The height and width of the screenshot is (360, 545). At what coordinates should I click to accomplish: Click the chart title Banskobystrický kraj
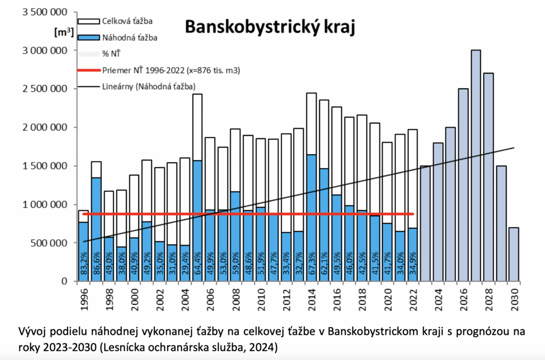[x=269, y=26]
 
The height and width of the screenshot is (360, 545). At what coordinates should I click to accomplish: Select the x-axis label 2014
[x=311, y=300]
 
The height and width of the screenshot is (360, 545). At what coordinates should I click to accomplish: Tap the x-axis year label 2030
[x=514, y=300]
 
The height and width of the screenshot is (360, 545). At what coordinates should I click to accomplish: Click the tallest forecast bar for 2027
[x=476, y=165]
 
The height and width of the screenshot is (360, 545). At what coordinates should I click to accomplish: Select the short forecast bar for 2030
[x=514, y=254]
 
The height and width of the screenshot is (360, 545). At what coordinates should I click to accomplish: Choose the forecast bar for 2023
[x=425, y=223]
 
